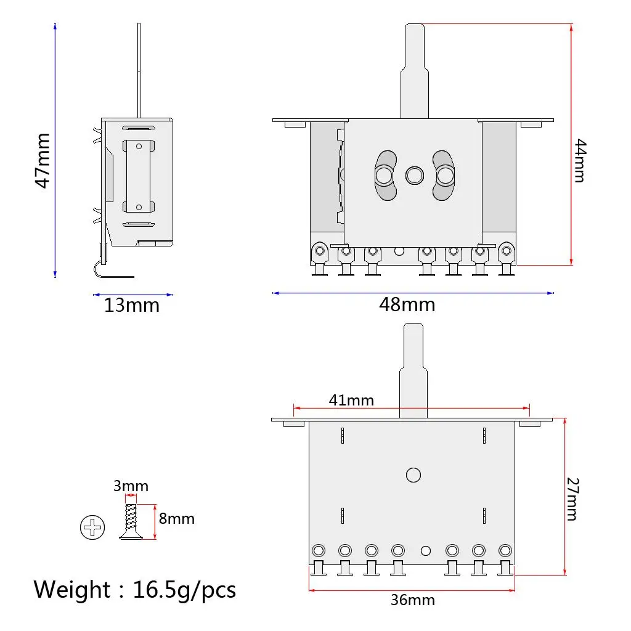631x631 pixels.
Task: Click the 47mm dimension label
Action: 43,161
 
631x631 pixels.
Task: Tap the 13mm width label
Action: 132,306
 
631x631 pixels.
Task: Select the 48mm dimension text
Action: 407,304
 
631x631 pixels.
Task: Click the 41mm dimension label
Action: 351,400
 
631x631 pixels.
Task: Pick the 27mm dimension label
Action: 572,499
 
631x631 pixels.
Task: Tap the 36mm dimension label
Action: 413,600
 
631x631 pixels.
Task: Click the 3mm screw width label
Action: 131,486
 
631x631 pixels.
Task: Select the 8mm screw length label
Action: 177,518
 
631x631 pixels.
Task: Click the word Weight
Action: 71,590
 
